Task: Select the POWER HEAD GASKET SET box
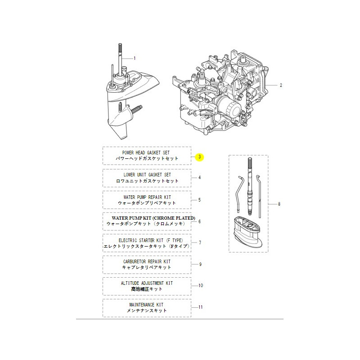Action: pos(147,156)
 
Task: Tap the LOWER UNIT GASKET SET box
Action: pos(147,177)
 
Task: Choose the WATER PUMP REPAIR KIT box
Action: pos(147,199)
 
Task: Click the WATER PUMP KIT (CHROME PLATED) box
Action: pos(147,221)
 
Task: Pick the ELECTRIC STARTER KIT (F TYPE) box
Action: pos(147,243)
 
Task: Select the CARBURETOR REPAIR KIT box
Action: pos(147,264)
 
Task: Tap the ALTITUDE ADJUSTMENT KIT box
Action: pos(147,286)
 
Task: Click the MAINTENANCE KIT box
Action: pos(147,307)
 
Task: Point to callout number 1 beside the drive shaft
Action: pos(134,58)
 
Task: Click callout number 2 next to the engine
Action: pos(281,85)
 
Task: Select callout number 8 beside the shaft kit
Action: pos(279,204)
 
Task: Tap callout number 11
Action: pos(201,307)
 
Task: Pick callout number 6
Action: pos(200,221)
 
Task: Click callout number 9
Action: pos(200,264)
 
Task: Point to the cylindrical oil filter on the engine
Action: pos(230,108)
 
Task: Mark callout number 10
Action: pos(201,286)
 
